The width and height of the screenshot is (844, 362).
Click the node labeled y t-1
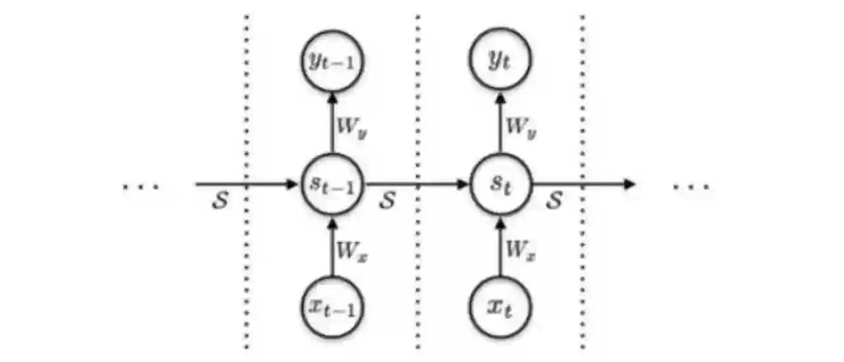[x=332, y=62]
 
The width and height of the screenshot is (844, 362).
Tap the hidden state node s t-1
[x=332, y=184]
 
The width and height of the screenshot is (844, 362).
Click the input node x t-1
[x=332, y=308]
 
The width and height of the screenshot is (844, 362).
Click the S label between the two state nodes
[x=387, y=201]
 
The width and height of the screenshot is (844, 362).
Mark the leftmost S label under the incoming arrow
[x=220, y=201]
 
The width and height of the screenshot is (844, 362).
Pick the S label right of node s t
[x=554, y=201]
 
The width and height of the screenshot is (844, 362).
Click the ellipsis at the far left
[x=141, y=187]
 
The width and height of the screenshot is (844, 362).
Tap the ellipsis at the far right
[x=691, y=187]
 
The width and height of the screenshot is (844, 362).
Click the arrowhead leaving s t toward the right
[x=629, y=184]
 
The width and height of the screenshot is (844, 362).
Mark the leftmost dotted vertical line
[x=247, y=181]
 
